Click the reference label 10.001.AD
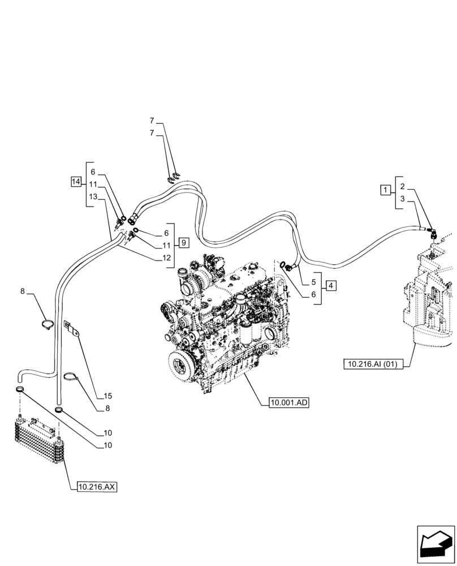click(289, 403)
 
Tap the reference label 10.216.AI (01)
click(373, 365)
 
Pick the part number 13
click(93, 196)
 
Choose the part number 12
click(166, 258)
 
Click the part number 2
click(402, 186)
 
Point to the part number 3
click(402, 199)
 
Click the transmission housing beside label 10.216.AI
click(430, 306)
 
